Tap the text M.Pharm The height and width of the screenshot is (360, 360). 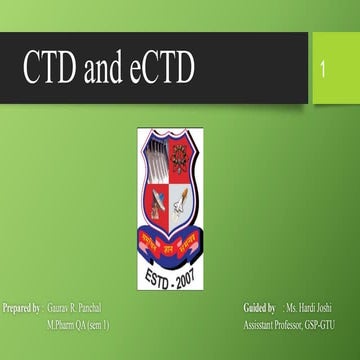coord(63,326)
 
